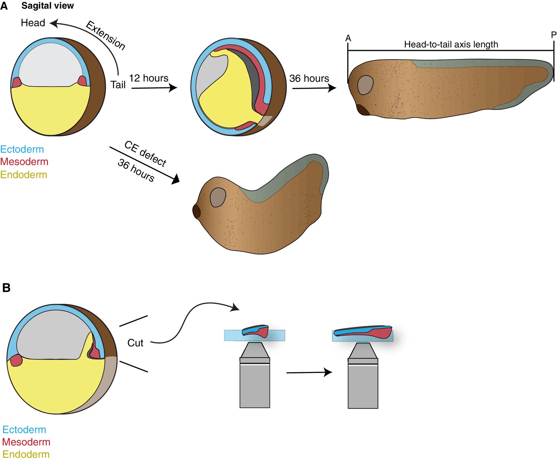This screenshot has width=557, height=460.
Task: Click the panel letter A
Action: pyautogui.click(x=4, y=6)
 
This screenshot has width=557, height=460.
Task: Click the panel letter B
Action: pyautogui.click(x=6, y=288)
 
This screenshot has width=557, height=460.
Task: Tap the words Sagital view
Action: pyautogui.click(x=48, y=6)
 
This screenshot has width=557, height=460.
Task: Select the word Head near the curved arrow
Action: pyautogui.click(x=33, y=23)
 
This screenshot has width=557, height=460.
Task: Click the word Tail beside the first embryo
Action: pyautogui.click(x=118, y=85)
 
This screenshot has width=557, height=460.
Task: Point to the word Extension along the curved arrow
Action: pyautogui.click(x=105, y=35)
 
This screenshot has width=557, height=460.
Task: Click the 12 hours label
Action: pyautogui.click(x=149, y=78)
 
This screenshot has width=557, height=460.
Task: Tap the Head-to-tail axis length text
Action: pyautogui.click(x=451, y=45)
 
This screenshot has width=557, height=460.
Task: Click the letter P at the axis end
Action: pyautogui.click(x=553, y=35)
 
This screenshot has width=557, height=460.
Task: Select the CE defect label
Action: pyautogui.click(x=145, y=153)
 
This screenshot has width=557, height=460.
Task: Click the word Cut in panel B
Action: pyautogui.click(x=135, y=343)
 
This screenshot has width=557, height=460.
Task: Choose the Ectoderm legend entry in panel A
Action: pyautogui.click(x=22, y=149)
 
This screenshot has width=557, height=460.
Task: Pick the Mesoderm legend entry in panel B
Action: pyautogui.click(x=26, y=442)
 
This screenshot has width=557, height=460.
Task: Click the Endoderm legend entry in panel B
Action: pyautogui.click(x=26, y=454)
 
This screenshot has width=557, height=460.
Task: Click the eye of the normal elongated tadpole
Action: pyautogui.click(x=365, y=85)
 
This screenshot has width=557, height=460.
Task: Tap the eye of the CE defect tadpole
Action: pyautogui.click(x=218, y=197)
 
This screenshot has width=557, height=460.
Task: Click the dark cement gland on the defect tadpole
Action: pyautogui.click(x=196, y=211)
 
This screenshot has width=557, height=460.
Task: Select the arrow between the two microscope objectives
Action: pyautogui.click(x=309, y=372)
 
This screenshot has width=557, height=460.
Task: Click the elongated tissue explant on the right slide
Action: pyautogui.click(x=363, y=331)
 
